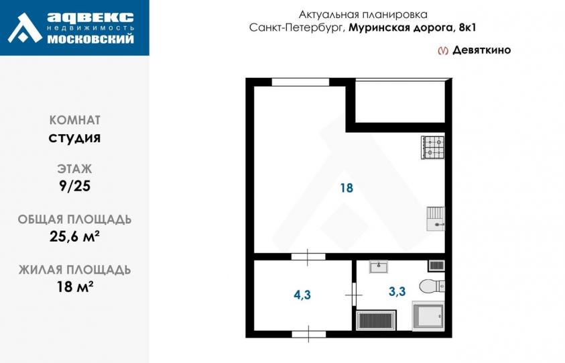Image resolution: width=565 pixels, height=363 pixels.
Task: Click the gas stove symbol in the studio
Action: click(x=433, y=147)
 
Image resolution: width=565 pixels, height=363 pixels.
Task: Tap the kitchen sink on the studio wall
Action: click(x=436, y=219)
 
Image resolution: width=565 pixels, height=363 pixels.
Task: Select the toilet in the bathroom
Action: click(x=432, y=287)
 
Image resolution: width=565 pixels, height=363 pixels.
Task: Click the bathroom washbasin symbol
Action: click(x=379, y=266)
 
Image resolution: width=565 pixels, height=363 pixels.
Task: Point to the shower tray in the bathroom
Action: click(x=428, y=317)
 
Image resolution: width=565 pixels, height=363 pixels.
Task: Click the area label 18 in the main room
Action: click(x=347, y=188)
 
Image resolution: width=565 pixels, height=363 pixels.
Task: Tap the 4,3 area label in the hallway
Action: click(x=302, y=295)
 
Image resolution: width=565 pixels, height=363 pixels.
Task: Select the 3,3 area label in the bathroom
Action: click(x=397, y=291)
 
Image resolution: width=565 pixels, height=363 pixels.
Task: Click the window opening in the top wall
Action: click(x=300, y=82)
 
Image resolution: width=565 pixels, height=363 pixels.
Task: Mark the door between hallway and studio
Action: click(x=308, y=256)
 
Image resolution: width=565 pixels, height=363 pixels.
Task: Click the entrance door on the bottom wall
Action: click(x=309, y=334)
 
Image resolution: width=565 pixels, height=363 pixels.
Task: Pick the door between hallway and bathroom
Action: click(x=354, y=295)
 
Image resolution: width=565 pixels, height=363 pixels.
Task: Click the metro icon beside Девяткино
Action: click(x=443, y=50)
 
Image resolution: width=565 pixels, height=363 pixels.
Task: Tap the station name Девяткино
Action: click(x=482, y=50)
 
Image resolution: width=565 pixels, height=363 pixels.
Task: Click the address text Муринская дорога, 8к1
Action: click(x=412, y=28)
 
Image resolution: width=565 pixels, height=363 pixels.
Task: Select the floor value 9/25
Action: click(x=74, y=186)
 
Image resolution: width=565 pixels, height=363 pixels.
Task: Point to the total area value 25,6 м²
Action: click(x=74, y=237)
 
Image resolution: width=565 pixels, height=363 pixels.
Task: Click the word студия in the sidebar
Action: click(x=74, y=138)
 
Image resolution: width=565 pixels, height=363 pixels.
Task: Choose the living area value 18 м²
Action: click(x=75, y=287)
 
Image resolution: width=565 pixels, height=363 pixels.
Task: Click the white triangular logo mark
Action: click(x=25, y=28)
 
